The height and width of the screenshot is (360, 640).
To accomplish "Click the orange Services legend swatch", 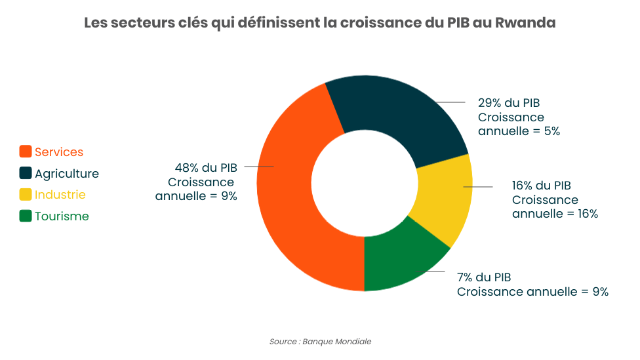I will pos(26,152).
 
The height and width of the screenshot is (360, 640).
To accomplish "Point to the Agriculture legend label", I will pos(67,174).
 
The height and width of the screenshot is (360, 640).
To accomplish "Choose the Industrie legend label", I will pos(60,195).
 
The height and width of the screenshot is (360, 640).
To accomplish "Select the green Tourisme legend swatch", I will pos(26,216).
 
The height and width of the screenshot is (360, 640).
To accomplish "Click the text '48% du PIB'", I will pos(205,167).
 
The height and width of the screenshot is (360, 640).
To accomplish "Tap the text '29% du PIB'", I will pos(509,103).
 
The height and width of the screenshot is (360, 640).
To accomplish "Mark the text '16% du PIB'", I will pos(542,186).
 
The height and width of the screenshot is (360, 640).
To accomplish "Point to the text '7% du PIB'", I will pos(484,277).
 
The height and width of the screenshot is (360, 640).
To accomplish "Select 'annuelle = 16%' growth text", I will pos(555,214).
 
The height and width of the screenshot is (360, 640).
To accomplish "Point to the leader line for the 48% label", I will pos(258,167).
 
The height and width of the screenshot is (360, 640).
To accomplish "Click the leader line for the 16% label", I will pos(478,187).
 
